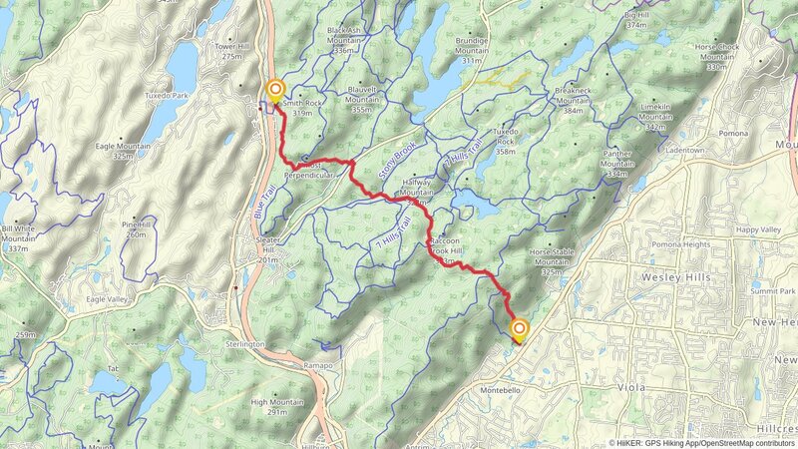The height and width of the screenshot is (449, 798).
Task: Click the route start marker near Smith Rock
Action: point(274,91)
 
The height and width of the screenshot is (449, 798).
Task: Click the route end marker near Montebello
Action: point(519,329)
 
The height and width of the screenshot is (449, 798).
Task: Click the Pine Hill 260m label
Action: point(137,229)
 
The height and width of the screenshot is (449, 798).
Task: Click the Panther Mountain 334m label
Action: point(617,164)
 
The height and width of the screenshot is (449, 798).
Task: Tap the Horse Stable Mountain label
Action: point(553,261)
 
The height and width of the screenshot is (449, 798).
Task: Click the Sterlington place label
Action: point(244,343)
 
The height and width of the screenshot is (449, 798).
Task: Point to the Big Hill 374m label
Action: point(642,19)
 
